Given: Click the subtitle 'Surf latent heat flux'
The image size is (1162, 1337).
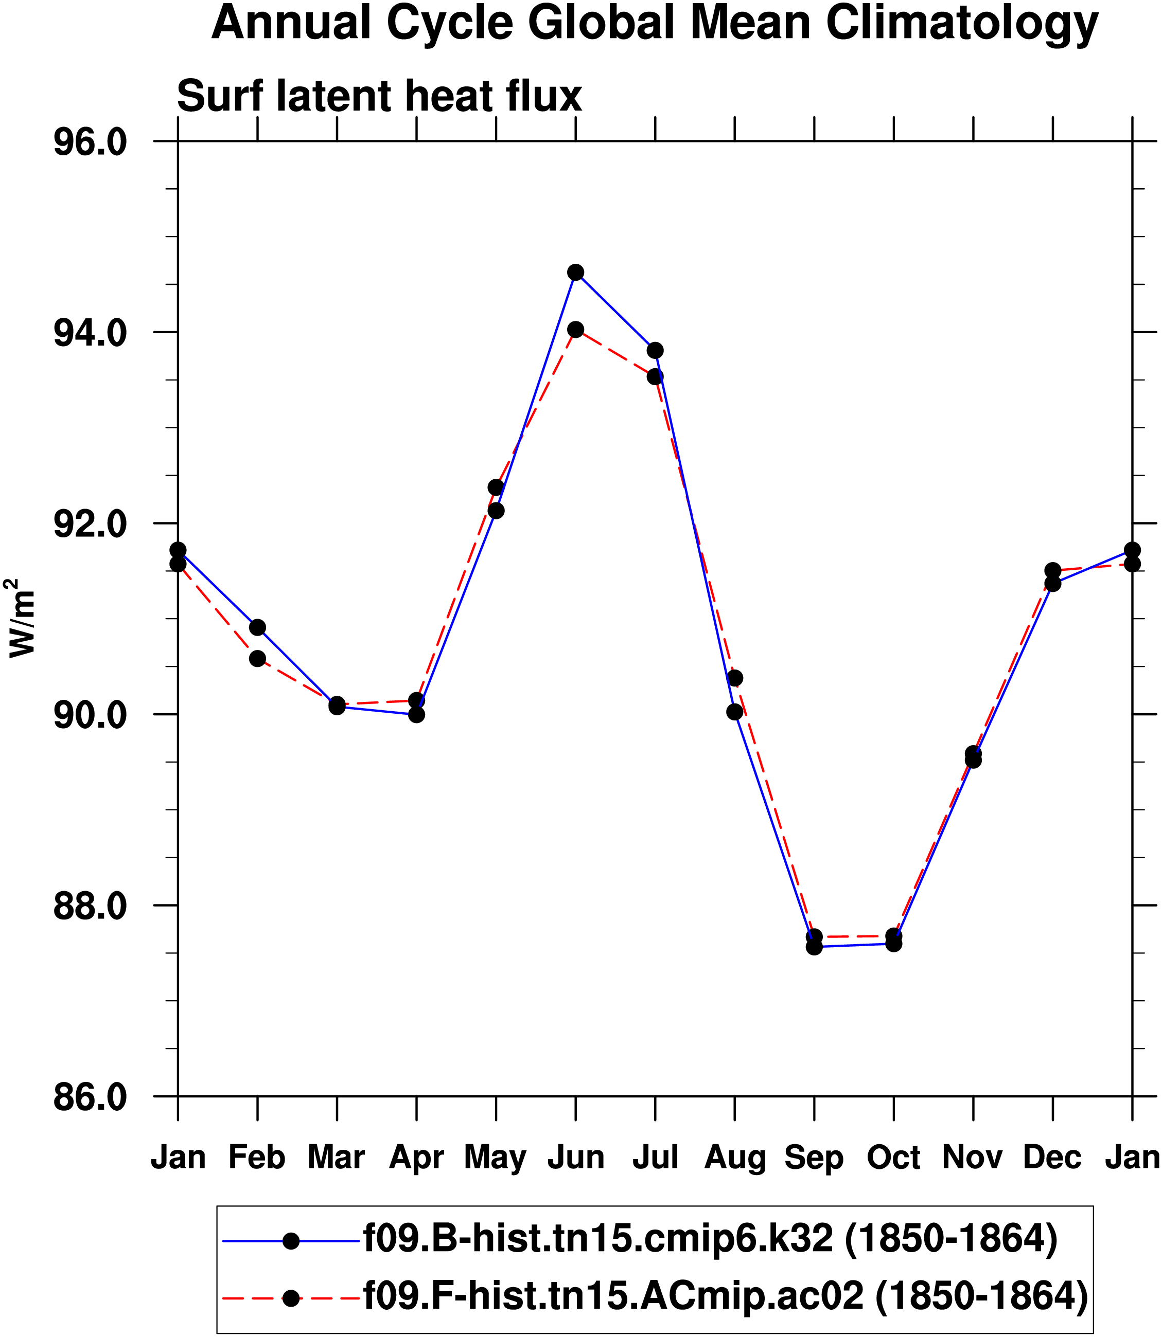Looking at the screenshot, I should [379, 97].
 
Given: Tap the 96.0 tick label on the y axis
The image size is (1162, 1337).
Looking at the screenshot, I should [90, 142].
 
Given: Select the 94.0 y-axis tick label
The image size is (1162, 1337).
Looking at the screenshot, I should [90, 333].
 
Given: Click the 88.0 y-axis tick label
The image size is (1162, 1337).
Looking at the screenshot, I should [90, 906].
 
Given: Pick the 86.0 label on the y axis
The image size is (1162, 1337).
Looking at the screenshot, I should [90, 1097].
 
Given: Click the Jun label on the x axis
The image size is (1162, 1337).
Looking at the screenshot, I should [576, 1157].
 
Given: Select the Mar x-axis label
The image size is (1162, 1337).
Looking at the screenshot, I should [337, 1157].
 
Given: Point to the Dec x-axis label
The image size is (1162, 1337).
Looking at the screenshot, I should [1052, 1157].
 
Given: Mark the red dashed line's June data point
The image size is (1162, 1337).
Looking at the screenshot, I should [575, 329].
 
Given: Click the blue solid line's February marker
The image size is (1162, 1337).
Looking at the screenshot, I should [257, 627].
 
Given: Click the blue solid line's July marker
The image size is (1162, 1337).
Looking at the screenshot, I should [655, 350].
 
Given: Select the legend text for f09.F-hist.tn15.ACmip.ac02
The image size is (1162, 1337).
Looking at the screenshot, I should [725, 1296].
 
